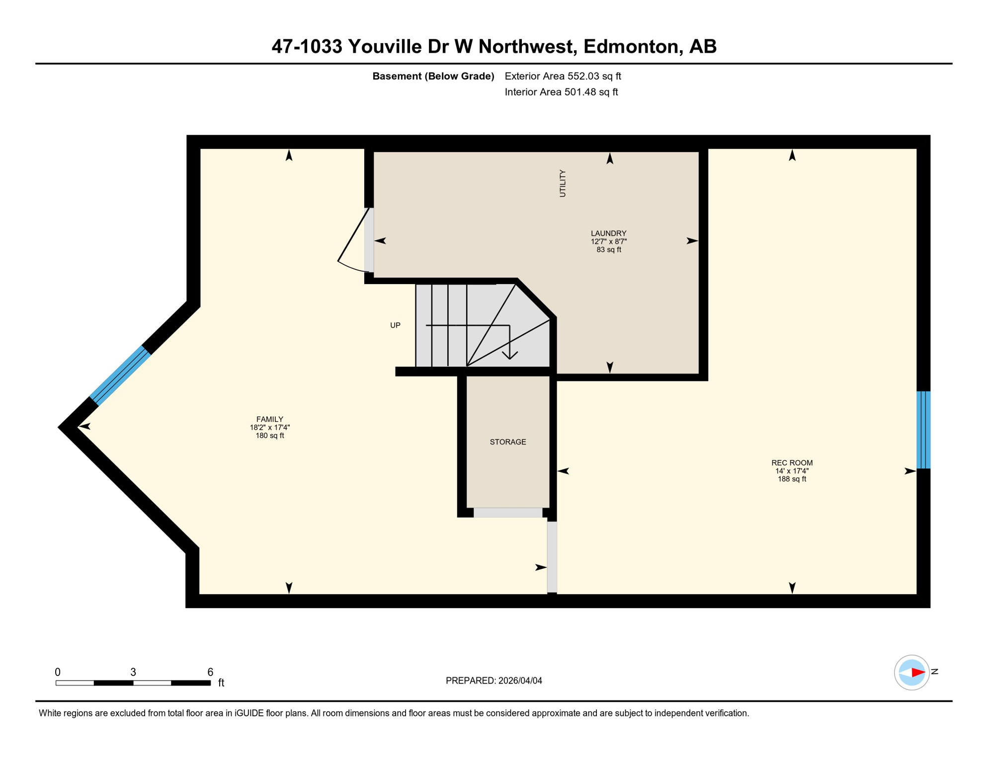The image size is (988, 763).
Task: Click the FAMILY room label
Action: tap(269, 420)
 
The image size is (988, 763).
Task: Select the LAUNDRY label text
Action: tap(608, 233)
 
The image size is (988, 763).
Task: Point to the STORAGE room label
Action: tap(507, 442)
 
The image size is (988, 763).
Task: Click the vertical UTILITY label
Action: tap(563, 183)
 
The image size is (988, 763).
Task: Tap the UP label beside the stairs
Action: tap(395, 325)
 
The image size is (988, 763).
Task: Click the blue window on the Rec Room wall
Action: tap(923, 430)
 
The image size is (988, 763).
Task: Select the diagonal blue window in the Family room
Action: tap(120, 376)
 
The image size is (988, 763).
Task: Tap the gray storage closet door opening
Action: tap(507, 513)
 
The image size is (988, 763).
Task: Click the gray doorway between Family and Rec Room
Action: tap(552, 556)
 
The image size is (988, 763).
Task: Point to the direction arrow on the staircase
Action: tap(509, 354)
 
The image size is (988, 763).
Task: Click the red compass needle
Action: tap(917, 673)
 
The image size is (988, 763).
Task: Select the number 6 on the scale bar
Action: tap(210, 672)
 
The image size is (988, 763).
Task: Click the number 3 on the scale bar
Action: tap(133, 672)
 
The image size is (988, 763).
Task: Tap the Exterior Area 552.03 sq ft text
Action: tap(563, 76)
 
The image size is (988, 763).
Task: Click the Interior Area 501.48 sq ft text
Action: tap(561, 92)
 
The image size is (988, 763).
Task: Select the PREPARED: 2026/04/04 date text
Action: tap(494, 681)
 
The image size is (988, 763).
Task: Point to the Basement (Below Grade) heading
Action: tap(433, 76)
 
